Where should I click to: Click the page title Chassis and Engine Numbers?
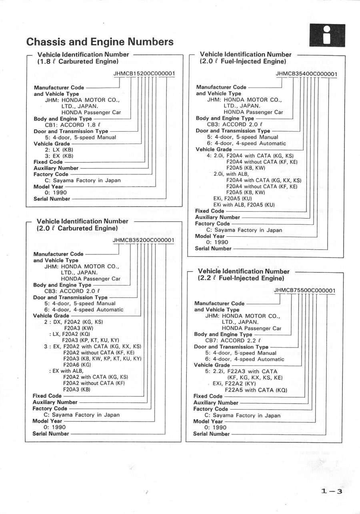coord(100,42)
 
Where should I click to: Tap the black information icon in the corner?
coord(327,35)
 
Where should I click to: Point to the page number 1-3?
coord(332,492)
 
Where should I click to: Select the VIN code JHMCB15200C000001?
coord(144,74)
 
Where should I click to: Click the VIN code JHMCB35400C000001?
coord(306,74)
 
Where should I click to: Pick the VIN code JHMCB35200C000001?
coord(144,240)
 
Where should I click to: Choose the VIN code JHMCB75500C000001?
coord(305,290)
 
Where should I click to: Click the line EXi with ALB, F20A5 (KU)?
coord(244,205)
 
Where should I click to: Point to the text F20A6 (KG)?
coord(77,365)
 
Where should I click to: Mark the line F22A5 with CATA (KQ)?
coord(256,390)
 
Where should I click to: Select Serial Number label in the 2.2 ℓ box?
coord(212,434)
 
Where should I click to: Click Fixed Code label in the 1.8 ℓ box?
coord(48,162)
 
